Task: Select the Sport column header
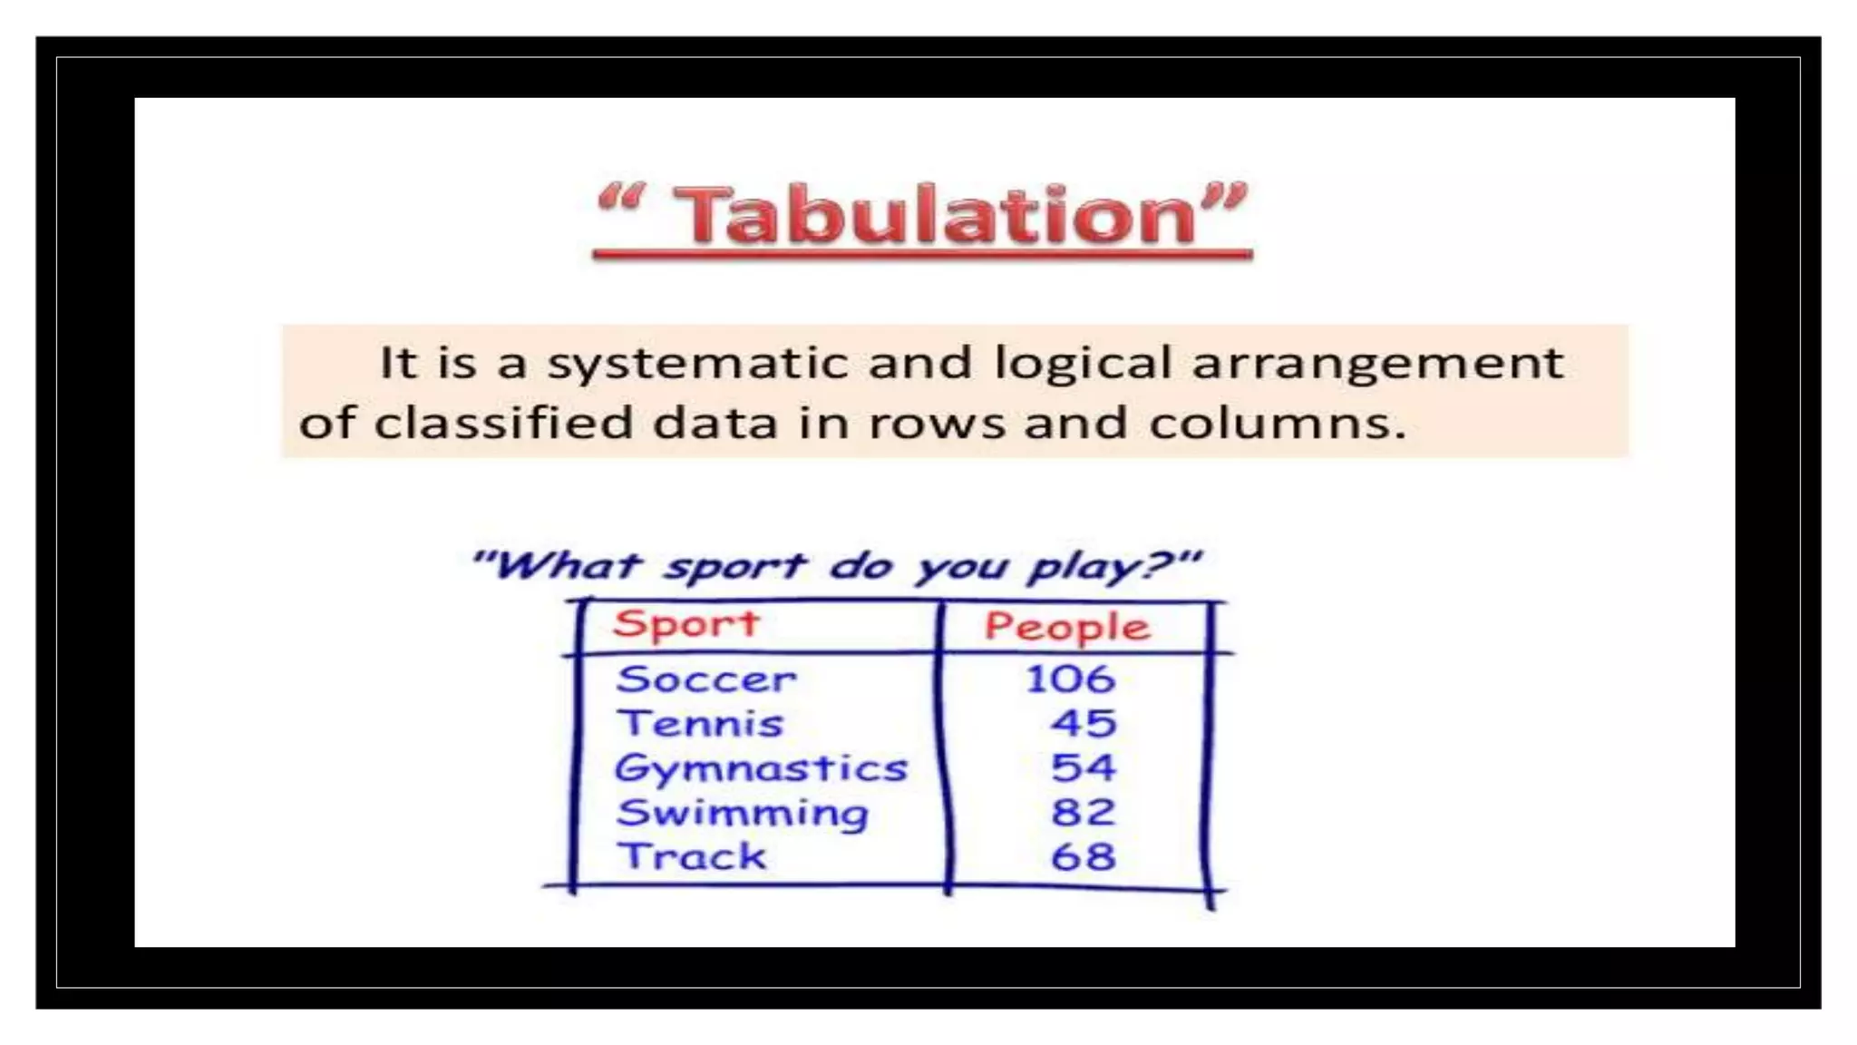[685, 624]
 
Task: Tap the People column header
[1067, 627]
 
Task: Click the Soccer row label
[705, 679]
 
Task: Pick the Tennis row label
[700, 724]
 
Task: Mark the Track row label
[692, 856]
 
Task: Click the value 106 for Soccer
[1070, 679]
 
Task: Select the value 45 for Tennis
[1084, 724]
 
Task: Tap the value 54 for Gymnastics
[1084, 768]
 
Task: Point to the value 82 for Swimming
[1084, 813]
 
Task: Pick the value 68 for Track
[1084, 856]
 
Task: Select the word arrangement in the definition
[1377, 364]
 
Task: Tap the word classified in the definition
[503, 423]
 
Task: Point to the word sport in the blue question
[734, 567]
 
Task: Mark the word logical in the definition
[1084, 364]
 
